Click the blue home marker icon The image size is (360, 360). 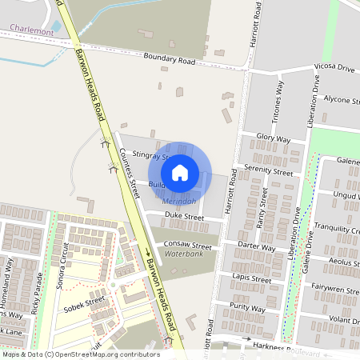coord(180,171)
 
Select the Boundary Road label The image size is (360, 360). coord(169,58)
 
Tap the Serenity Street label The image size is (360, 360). coord(270,171)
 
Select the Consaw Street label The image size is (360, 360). coord(187,246)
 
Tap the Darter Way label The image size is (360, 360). coord(257,249)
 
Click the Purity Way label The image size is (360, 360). coord(247,307)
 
